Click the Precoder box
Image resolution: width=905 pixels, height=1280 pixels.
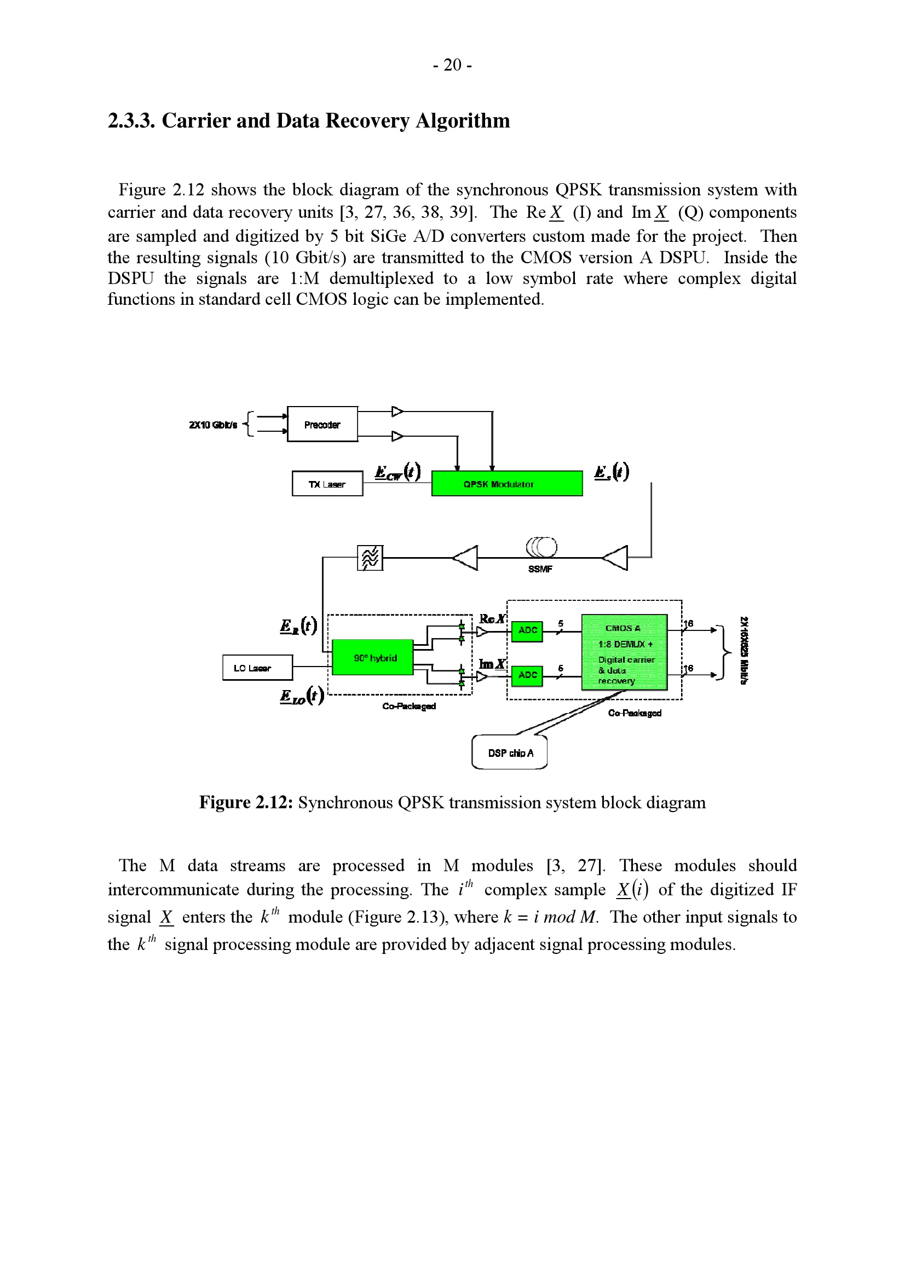click(x=322, y=424)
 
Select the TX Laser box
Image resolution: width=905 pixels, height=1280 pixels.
click(x=327, y=484)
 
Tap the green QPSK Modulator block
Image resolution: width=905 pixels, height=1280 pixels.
click(x=507, y=484)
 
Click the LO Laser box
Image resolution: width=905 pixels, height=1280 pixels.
click(x=257, y=668)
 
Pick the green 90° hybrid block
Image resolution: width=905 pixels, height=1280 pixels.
click(x=372, y=658)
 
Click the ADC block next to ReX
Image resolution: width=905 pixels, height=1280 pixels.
click(x=527, y=630)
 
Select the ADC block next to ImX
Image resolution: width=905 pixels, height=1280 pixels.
click(x=527, y=675)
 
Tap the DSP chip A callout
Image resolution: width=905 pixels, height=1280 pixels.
click(x=510, y=752)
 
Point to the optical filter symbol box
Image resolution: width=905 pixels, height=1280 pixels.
click(x=370, y=558)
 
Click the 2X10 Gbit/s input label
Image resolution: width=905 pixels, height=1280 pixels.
click(x=213, y=425)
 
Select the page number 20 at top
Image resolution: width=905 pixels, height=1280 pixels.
click(x=452, y=66)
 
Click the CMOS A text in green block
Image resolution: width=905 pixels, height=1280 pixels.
click(x=623, y=628)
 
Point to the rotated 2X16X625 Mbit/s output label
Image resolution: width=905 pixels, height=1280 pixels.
click(x=744, y=650)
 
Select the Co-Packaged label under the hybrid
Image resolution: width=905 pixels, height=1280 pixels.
click(x=409, y=706)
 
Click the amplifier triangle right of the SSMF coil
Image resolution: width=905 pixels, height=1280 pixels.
click(x=616, y=558)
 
